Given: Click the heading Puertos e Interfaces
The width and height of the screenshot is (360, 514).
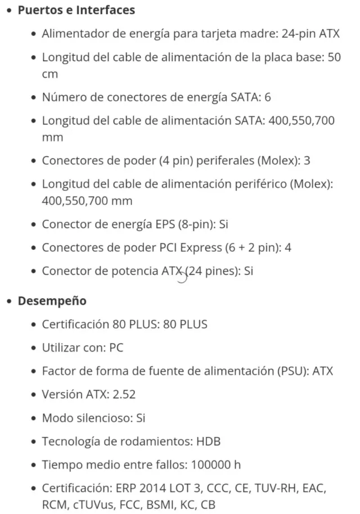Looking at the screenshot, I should (x=76, y=10).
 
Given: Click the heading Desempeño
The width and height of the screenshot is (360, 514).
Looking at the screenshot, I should (x=52, y=301).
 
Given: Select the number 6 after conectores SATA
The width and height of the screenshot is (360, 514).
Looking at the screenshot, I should (x=268, y=97).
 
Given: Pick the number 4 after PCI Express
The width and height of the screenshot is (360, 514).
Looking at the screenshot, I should (x=288, y=247).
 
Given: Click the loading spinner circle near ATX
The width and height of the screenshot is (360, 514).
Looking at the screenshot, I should (x=181, y=277).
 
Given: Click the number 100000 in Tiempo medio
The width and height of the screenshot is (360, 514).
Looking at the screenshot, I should (x=211, y=465).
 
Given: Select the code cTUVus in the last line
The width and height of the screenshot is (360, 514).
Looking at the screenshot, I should (x=92, y=504).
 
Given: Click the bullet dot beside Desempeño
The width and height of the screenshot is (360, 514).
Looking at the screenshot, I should (x=10, y=301).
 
